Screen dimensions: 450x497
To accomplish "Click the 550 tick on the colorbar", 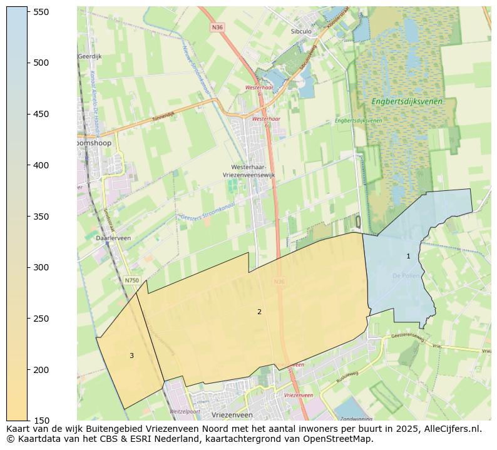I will coord(28,12).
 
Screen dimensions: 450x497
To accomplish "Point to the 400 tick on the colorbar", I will coord(28,165).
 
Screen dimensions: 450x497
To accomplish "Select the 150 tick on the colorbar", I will coord(28,421).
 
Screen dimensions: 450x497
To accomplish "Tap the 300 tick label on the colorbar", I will coord(41,267).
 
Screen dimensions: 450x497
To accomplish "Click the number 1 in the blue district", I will coord(408,256).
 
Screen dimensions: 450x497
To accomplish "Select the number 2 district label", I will coord(259,312).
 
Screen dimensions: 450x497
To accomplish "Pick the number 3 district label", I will coord(131,355).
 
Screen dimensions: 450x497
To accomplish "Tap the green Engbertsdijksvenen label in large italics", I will coord(406,101).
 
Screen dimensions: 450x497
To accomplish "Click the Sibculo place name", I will coord(301,31).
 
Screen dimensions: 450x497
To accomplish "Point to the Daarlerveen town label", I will coord(113,238).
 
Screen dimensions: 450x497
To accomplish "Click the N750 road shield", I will coord(131,280).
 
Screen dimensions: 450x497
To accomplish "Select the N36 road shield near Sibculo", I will coord(217,28).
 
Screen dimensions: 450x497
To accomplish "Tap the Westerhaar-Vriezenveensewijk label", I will coord(248,171).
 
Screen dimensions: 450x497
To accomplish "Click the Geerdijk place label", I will coord(90,56).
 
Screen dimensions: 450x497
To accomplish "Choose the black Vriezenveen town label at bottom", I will coord(232,415).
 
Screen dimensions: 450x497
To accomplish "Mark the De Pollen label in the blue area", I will coord(405,275).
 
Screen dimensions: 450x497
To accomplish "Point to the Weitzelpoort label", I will coord(185,411).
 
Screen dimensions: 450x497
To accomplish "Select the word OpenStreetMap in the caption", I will coord(338,439).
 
